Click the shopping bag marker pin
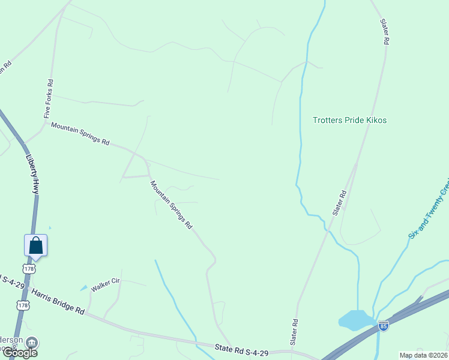(x=35, y=246)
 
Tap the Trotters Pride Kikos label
(x=349, y=120)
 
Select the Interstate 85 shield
(x=383, y=326)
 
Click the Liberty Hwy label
(x=33, y=175)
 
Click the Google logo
(x=19, y=352)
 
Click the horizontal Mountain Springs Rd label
(x=80, y=134)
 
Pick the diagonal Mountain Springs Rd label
(x=171, y=205)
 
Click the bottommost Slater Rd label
(x=294, y=331)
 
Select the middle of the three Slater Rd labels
(x=340, y=203)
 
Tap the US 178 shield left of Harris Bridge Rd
(x=23, y=305)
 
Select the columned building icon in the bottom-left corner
(x=32, y=342)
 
